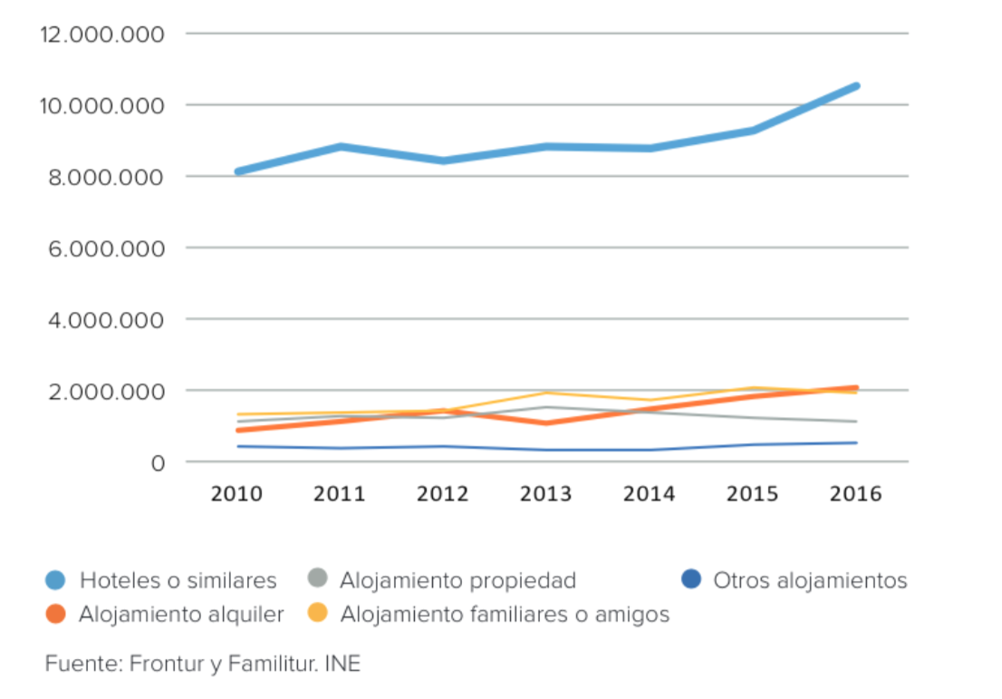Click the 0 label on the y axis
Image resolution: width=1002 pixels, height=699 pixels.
[157, 463]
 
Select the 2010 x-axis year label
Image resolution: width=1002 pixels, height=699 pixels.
[236, 494]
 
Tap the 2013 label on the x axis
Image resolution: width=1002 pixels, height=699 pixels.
[546, 494]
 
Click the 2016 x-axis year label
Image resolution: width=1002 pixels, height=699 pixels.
[856, 494]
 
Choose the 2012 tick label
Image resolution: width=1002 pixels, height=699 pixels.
[443, 494]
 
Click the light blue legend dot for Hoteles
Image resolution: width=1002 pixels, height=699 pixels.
[56, 580]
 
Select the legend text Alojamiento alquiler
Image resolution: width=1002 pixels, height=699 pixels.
[181, 615]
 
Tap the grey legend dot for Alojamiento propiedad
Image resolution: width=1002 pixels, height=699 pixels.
[317, 580]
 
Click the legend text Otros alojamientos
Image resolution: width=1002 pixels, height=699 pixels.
[810, 580]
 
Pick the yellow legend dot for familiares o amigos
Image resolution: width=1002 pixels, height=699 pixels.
[317, 615]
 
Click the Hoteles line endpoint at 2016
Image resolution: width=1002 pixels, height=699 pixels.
[856, 86]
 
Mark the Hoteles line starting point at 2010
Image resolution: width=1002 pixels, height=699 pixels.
[236, 171]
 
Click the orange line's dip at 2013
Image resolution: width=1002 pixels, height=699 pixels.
[546, 423]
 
